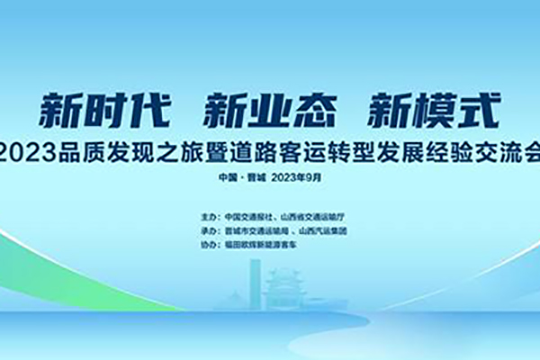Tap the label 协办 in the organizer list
(x=213, y=243)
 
